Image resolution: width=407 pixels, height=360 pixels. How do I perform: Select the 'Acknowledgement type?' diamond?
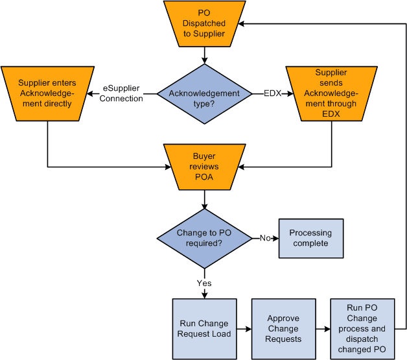(x=204, y=93)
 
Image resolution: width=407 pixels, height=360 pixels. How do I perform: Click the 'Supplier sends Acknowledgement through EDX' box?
(x=331, y=93)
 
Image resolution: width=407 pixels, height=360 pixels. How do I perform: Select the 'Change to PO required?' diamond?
(x=204, y=238)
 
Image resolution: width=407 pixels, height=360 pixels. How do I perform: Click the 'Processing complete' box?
(x=310, y=238)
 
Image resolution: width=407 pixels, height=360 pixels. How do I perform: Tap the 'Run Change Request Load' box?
(x=204, y=329)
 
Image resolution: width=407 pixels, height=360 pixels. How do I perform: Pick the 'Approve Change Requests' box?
(x=283, y=329)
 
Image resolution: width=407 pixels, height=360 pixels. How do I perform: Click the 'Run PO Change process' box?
(x=362, y=329)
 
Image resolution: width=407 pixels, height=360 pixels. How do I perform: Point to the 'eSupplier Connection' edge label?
(x=122, y=93)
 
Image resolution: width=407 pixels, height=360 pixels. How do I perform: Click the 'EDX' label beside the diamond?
(x=272, y=93)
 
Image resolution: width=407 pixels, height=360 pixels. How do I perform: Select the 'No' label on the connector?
(x=265, y=238)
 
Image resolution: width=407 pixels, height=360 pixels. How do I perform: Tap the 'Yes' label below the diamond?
(x=204, y=283)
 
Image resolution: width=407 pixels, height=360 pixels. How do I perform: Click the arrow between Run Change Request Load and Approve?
(x=244, y=329)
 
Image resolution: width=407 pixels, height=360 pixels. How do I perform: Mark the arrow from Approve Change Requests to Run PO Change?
(x=323, y=329)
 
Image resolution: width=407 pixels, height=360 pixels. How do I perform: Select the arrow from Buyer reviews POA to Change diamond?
(x=204, y=198)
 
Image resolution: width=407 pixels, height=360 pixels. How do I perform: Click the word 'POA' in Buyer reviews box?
(x=204, y=178)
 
